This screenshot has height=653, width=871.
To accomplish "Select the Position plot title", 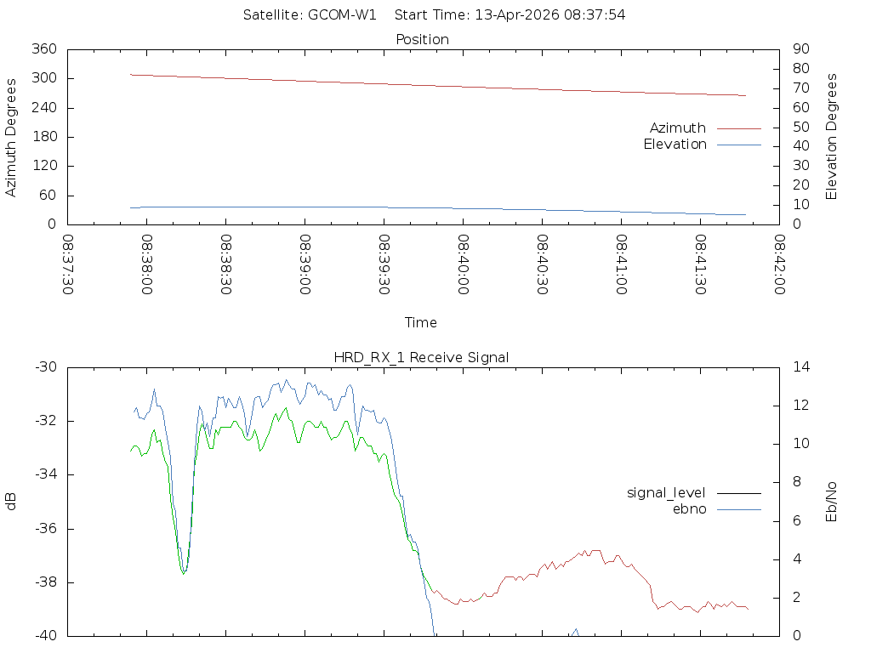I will (423, 39).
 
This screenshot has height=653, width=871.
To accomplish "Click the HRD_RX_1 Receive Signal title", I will (421, 357).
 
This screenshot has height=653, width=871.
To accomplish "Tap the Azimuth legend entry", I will (678, 128).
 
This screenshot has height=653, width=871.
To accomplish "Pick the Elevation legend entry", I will (675, 145).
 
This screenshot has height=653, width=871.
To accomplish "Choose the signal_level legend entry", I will (666, 492).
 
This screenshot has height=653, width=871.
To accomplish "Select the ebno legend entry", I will (689, 508).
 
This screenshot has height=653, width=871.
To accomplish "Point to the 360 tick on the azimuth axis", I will (43, 49).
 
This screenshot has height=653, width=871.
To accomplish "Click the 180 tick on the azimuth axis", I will (43, 137).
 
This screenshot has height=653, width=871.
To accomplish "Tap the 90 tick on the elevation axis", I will (799, 49).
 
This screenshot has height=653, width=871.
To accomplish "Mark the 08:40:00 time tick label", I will (464, 264).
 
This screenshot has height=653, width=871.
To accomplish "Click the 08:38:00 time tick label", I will (147, 264).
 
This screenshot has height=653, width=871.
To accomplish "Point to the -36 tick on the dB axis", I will (43, 529).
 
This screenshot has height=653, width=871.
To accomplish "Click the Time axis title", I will (421, 322).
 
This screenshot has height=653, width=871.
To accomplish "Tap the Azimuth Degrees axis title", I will (12, 137).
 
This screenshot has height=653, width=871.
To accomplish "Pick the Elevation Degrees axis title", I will (832, 137).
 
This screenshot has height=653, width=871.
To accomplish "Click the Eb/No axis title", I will (832, 502).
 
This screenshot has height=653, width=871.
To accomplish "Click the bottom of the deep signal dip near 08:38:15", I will (184, 573).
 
